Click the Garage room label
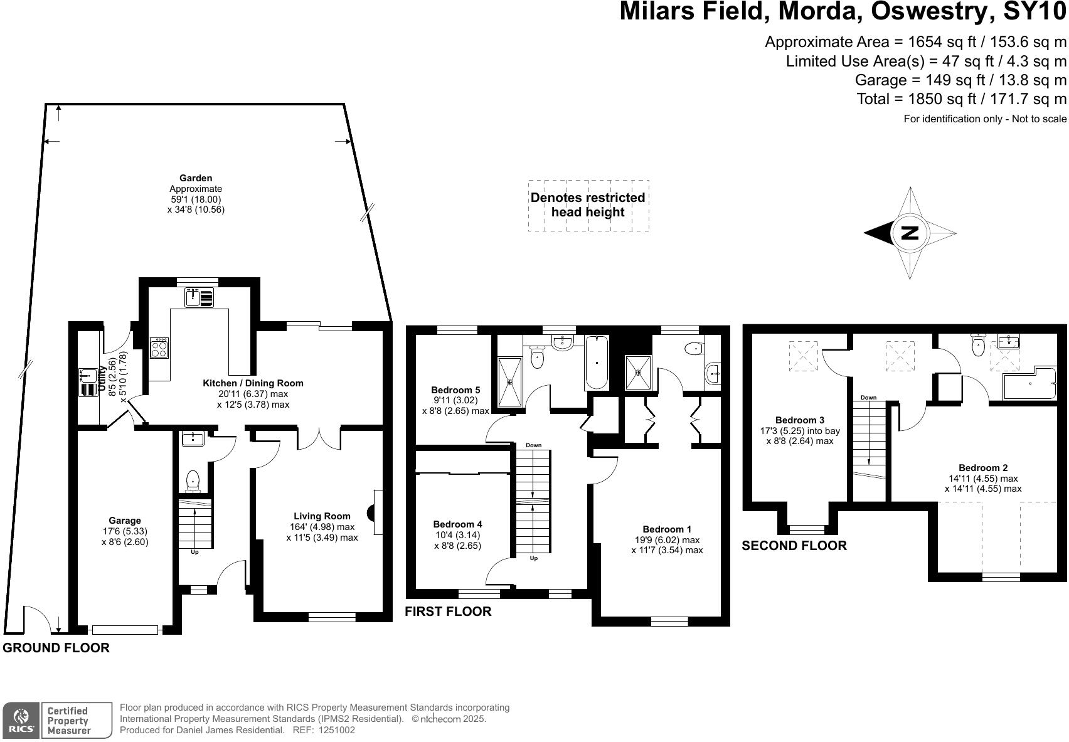[125, 521]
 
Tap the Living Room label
[322, 516]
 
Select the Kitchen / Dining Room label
[253, 383]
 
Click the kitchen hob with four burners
[159, 347]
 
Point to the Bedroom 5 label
[455, 390]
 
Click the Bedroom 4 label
[457, 524]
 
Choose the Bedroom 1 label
[667, 529]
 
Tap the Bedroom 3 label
[800, 420]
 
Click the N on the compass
[909, 233]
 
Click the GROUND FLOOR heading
[56, 649]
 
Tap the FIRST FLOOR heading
[448, 612]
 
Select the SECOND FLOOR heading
[794, 546]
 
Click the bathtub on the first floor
[596, 362]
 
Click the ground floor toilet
[193, 482]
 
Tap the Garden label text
[196, 178]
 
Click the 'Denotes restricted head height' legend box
[588, 205]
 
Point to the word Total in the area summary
[873, 99]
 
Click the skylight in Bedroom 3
[803, 356]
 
